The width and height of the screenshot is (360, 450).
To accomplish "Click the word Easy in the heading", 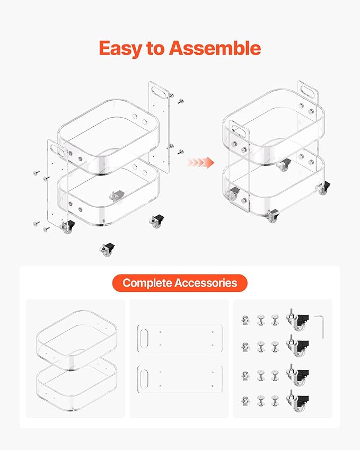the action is pyautogui.click(x=120, y=49).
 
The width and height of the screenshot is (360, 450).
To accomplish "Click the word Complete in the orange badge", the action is pyautogui.click(x=147, y=283).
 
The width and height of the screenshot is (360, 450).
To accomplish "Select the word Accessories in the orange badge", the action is pyautogui.click(x=206, y=283).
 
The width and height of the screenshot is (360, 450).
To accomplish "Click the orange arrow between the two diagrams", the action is pyautogui.click(x=200, y=162).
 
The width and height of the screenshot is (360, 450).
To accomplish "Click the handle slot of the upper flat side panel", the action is pyautogui.click(x=144, y=338).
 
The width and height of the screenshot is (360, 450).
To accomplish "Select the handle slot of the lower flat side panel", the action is pyautogui.click(x=144, y=379).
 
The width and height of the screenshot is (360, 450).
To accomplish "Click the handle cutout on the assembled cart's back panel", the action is pyautogui.click(x=308, y=90).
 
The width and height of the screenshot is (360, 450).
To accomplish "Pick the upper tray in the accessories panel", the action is pyautogui.click(x=77, y=340).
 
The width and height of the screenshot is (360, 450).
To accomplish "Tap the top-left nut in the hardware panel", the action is pyautogui.click(x=245, y=320).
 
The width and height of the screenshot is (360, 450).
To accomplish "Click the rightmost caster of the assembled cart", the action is pyautogui.click(x=323, y=188).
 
